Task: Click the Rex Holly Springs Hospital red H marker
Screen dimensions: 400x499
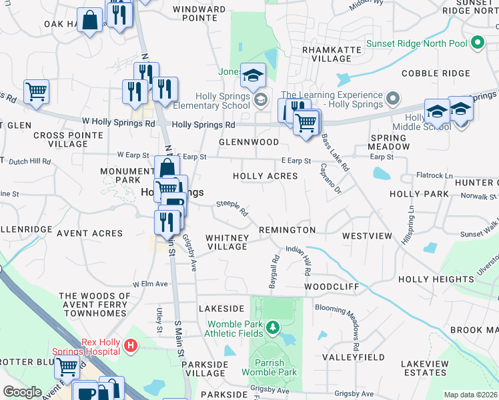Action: [x=131, y=346]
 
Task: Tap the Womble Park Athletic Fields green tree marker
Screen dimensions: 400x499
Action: [x=272, y=327]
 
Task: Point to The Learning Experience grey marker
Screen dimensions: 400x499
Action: [x=393, y=100]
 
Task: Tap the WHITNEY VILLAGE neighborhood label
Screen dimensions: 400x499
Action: [x=227, y=242]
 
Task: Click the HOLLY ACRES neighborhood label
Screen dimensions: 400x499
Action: [x=265, y=176]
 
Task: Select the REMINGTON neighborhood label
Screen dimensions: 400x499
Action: [x=288, y=230]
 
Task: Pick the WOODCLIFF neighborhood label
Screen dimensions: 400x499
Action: [x=332, y=287]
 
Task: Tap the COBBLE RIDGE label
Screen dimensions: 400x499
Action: [x=436, y=73]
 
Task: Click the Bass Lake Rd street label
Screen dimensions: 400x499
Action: [x=335, y=153]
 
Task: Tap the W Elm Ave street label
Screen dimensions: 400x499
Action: [x=150, y=284]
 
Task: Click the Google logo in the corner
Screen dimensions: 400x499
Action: [x=22, y=392]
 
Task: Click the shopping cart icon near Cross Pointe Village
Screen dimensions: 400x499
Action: [x=37, y=92]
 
